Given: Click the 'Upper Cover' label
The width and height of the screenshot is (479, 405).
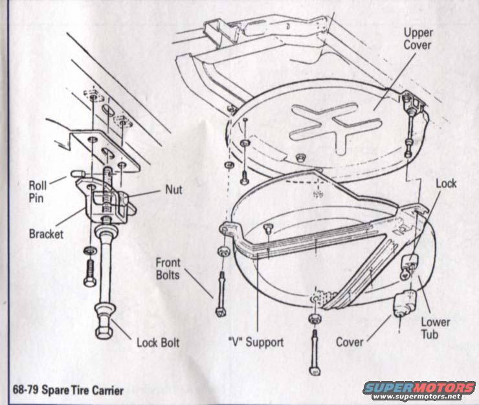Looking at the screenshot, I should pyautogui.click(x=418, y=39).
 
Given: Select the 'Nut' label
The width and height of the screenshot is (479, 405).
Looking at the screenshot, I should pyautogui.click(x=173, y=190).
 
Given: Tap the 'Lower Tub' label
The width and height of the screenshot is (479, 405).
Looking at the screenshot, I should pyautogui.click(x=435, y=329).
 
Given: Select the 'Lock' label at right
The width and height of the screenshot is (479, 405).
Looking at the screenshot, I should pyautogui.click(x=446, y=183).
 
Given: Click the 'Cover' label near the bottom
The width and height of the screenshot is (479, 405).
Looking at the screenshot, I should pyautogui.click(x=350, y=342).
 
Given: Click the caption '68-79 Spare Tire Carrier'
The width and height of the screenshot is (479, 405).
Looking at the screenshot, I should pyautogui.click(x=67, y=390).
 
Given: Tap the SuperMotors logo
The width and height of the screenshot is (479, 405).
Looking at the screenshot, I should pyautogui.click(x=419, y=387).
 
